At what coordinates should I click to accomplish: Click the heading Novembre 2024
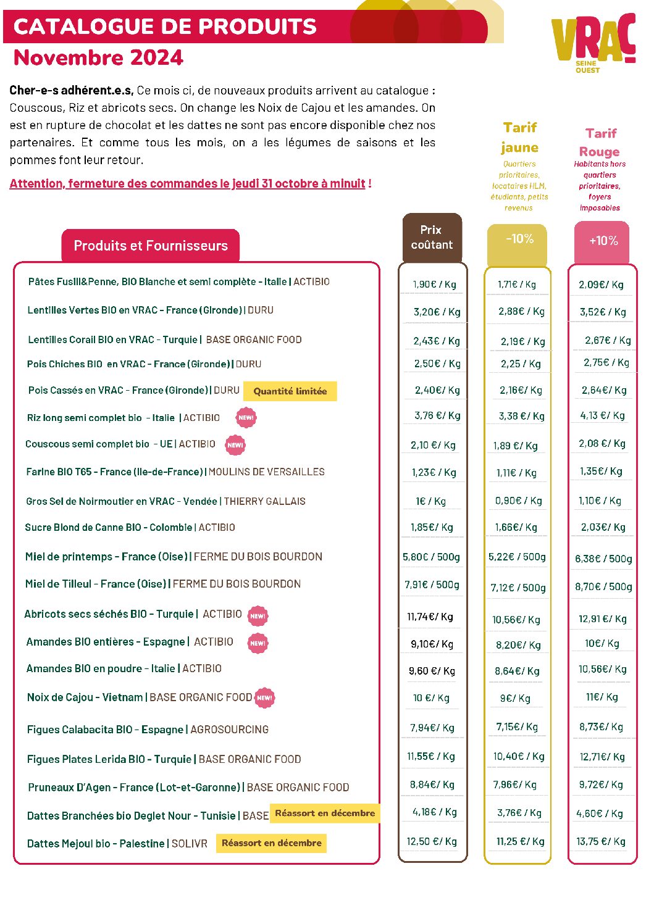98,57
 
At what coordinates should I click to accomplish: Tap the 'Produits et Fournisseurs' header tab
151,246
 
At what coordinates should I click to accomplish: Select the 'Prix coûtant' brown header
432,237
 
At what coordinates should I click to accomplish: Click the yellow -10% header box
517,244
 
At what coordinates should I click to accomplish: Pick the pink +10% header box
602,242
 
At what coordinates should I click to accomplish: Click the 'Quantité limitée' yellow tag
290,391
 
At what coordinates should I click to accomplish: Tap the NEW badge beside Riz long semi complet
246,417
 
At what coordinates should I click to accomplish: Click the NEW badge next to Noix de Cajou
264,697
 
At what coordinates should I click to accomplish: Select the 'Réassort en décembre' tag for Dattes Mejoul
272,843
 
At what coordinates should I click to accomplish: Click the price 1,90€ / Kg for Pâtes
435,284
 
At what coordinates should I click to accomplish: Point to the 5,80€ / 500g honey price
431,557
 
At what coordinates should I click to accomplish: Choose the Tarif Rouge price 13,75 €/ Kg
601,841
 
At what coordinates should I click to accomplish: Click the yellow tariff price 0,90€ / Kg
519,501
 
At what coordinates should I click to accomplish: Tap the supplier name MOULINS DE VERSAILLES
267,472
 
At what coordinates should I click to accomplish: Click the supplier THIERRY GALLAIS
264,501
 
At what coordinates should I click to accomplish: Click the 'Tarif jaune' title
519,138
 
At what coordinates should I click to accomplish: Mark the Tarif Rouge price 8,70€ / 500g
603,586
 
